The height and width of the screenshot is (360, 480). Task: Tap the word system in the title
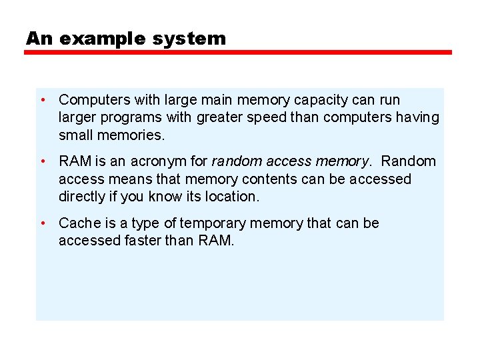click(189, 39)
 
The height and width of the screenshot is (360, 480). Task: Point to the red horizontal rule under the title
click(238, 52)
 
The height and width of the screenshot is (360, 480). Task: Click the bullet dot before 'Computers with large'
click(42, 100)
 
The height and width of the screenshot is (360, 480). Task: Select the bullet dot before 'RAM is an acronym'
click(42, 161)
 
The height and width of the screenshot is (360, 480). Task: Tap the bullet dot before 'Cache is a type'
click(42, 223)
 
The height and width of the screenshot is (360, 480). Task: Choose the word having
click(418, 119)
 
